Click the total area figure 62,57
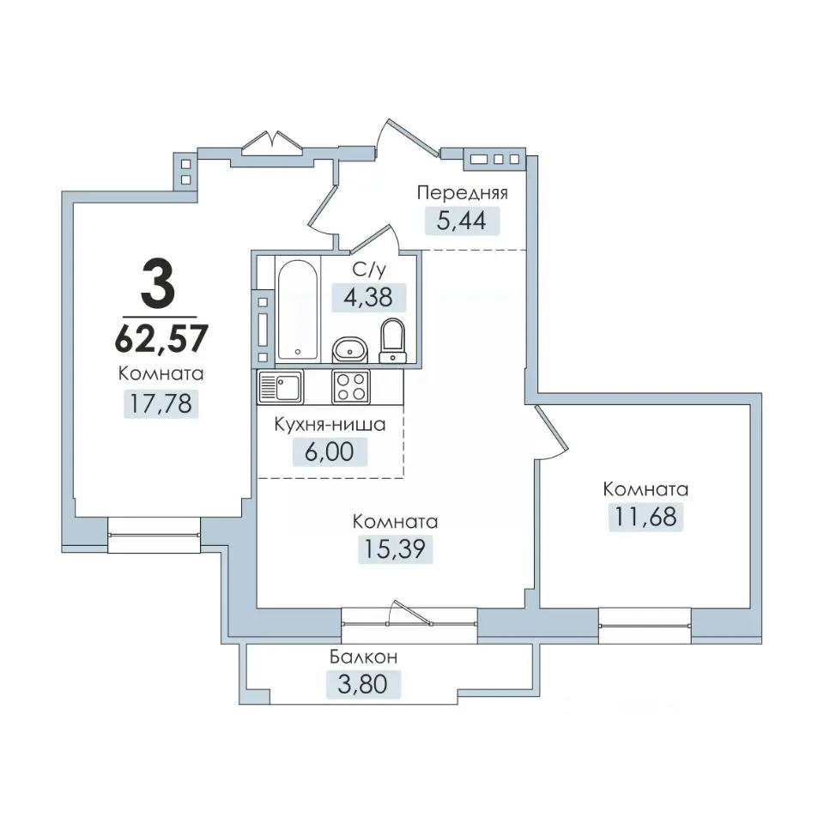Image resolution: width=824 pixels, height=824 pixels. click(x=161, y=338)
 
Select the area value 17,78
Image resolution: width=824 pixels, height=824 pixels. click(x=161, y=403)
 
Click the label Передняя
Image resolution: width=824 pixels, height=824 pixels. click(x=463, y=193)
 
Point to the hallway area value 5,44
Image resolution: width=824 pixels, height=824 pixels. click(x=462, y=221)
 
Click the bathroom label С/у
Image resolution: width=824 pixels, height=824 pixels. click(x=369, y=270)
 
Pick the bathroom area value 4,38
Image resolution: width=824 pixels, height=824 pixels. click(x=368, y=298)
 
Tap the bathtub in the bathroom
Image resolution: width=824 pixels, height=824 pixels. click(x=298, y=310)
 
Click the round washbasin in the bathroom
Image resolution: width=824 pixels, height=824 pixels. click(x=349, y=349)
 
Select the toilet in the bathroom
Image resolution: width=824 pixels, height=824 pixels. click(x=393, y=341)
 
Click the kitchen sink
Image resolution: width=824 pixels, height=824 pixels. click(x=281, y=387)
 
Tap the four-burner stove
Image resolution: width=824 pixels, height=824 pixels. click(x=350, y=387)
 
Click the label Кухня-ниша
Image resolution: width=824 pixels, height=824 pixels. click(x=330, y=425)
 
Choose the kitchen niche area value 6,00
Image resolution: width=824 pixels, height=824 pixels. click(x=330, y=452)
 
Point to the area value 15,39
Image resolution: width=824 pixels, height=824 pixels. click(x=395, y=549)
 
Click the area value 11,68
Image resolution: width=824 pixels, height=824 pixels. click(x=645, y=517)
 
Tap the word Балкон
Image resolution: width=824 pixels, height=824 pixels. click(x=364, y=657)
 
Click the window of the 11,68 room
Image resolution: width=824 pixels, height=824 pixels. click(x=645, y=626)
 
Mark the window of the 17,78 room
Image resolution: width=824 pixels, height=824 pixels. click(x=154, y=535)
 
